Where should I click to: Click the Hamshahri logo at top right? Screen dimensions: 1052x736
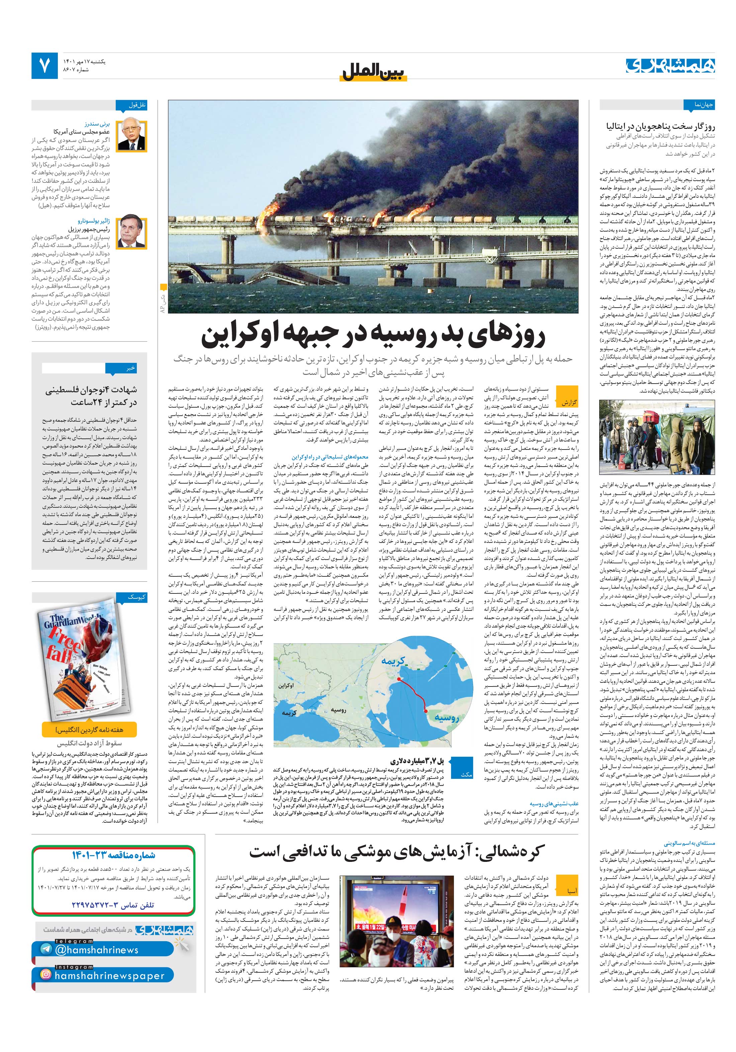tap(670, 66)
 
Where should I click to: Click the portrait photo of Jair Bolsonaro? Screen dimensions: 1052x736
tap(132, 233)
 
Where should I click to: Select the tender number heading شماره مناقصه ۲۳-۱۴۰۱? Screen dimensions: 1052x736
tap(114, 855)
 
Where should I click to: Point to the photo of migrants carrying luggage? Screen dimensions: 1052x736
tap(657, 437)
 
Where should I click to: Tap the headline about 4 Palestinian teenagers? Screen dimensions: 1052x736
tap(91, 396)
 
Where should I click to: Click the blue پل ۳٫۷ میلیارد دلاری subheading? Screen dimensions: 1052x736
tap(417, 761)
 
